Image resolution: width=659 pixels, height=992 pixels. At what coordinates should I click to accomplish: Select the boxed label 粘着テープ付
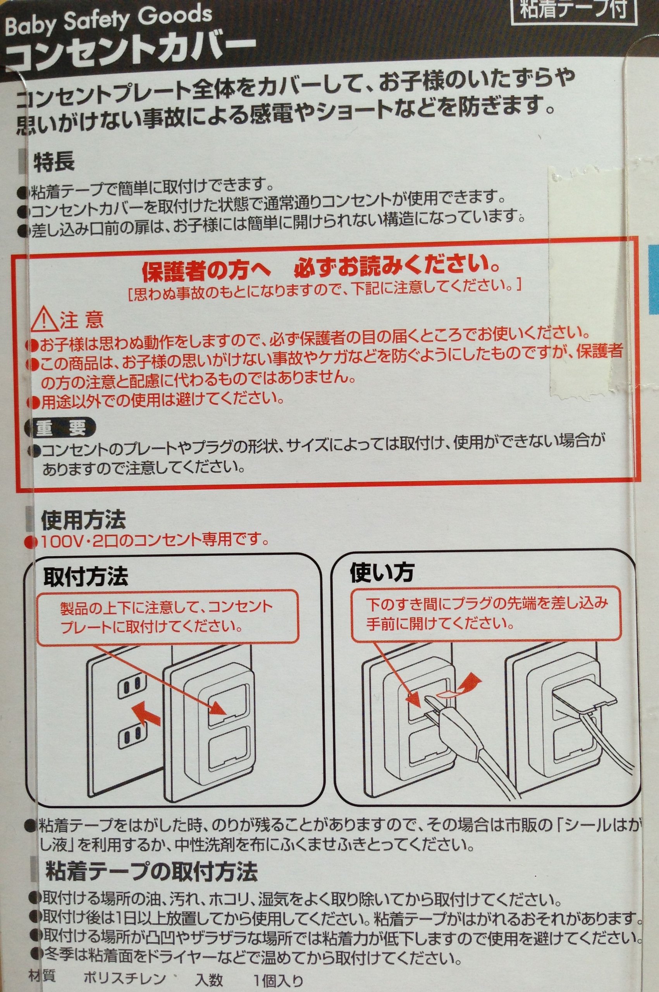(x=573, y=8)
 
